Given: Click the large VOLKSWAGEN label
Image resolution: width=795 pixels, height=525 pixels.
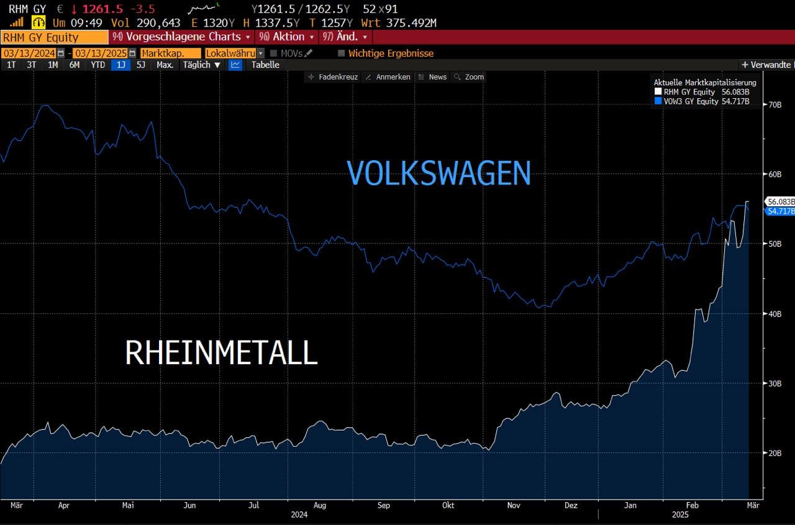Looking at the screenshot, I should (x=438, y=173).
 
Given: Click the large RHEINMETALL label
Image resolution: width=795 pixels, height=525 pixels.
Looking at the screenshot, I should (x=221, y=353).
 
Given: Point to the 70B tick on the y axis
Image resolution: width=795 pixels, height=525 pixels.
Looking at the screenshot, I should (x=775, y=104).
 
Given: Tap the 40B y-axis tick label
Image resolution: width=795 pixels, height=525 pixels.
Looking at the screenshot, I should (x=775, y=314).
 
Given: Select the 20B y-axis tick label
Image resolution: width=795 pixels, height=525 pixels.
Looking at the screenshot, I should (x=775, y=453).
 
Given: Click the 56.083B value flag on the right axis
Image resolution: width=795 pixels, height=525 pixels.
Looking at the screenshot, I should (x=781, y=201).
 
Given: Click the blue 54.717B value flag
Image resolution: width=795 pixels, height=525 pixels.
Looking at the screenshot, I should (x=781, y=211).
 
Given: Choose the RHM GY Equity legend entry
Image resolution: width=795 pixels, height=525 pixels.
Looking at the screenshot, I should (x=689, y=92).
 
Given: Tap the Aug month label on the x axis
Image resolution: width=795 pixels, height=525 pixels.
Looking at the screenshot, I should (x=320, y=505).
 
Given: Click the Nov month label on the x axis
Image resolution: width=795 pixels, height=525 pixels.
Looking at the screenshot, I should (x=514, y=505).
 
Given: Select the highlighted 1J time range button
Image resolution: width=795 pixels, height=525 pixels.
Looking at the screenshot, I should (x=120, y=65).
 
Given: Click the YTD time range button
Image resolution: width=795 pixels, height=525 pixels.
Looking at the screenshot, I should (x=98, y=65).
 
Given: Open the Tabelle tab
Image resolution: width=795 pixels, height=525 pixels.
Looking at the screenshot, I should (x=265, y=65).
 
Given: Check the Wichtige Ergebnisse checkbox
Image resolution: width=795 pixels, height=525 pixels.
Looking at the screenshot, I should (x=341, y=53).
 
